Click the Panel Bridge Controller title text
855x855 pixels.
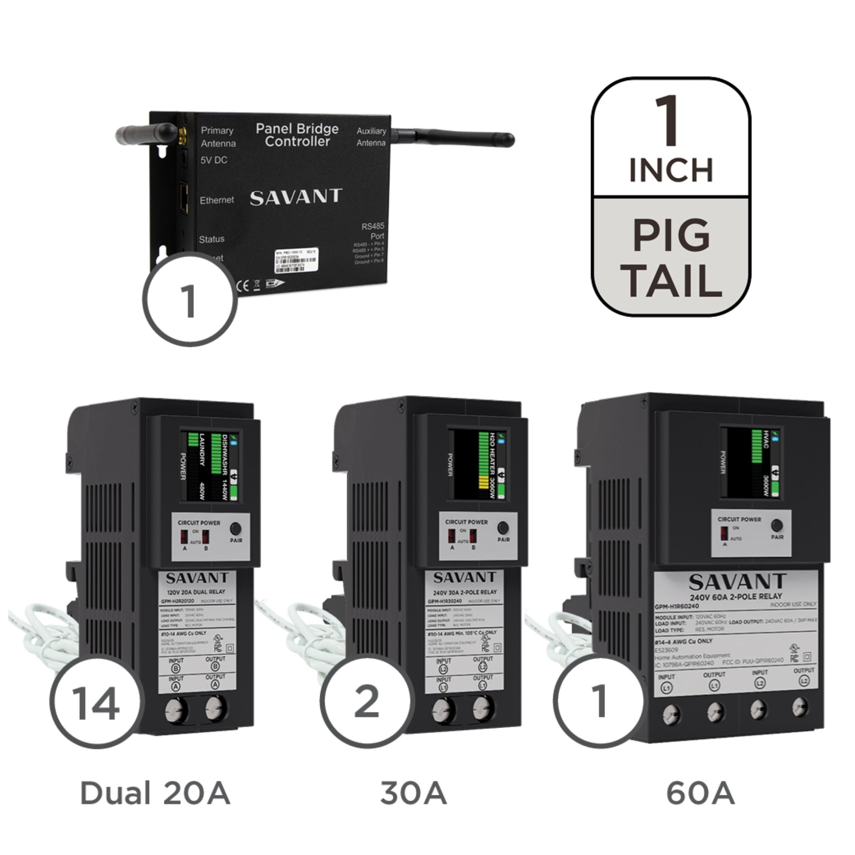[x=297, y=135]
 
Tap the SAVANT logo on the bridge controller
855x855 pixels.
[x=296, y=197]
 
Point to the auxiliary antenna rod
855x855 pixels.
[x=456, y=136]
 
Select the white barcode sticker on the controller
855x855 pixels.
[x=296, y=260]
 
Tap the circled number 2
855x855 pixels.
[x=367, y=701]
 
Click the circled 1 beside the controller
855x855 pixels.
[x=190, y=300]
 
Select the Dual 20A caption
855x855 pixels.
[x=155, y=793]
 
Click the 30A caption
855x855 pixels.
[x=413, y=793]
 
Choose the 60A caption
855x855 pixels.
[x=700, y=793]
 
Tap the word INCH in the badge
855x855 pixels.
[x=671, y=170]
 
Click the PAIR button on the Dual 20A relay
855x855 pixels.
[x=236, y=529]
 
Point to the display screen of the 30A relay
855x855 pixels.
[x=478, y=464]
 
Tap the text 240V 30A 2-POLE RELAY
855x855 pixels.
[x=465, y=592]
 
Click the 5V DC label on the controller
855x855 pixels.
[x=214, y=160]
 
